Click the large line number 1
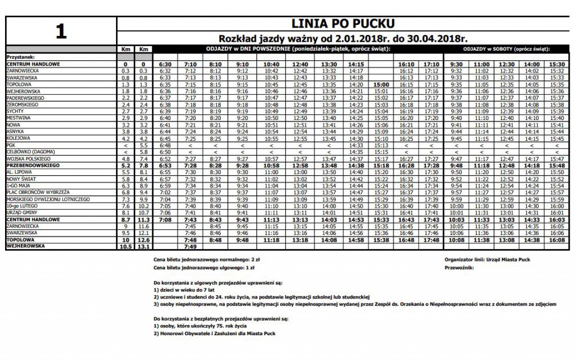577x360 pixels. (61, 31)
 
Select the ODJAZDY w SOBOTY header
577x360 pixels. (505, 49)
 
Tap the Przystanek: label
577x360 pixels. (20, 57)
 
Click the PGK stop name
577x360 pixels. (11, 145)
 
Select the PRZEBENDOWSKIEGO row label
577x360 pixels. (33, 166)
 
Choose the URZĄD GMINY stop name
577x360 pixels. (21, 212)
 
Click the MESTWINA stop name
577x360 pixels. (18, 118)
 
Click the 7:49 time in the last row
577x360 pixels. (190, 246)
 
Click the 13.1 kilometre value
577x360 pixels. (144, 246)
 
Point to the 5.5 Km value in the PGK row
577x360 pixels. (144, 145)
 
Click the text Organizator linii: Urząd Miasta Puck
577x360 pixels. (487, 259)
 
